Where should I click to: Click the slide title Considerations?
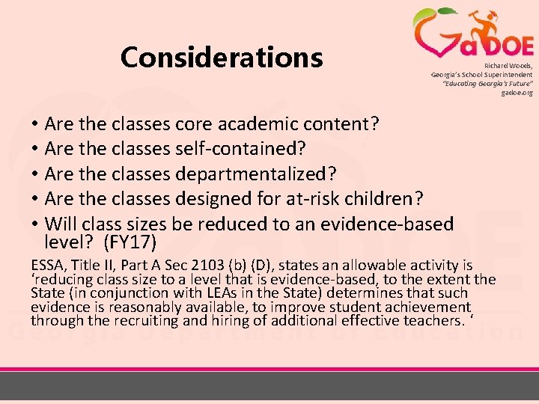[221, 57]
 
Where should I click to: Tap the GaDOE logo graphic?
[472, 34]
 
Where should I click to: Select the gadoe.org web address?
[517, 93]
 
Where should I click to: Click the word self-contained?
[240, 149]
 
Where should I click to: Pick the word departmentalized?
[255, 174]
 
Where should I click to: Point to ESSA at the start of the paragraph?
[48, 266]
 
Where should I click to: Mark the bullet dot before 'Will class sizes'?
[35, 224]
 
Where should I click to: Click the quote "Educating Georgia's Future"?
[487, 84]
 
